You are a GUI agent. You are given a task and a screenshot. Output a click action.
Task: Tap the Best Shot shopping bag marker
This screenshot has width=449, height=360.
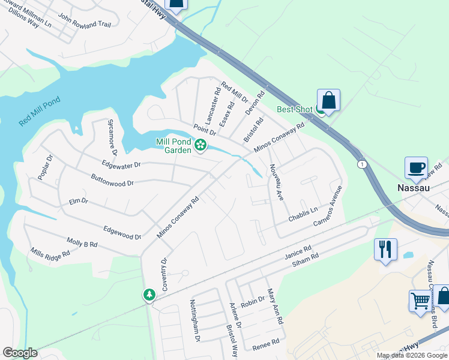point(328,100)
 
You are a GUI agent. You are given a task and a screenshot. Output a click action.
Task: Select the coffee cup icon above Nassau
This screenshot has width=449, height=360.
point(416,167)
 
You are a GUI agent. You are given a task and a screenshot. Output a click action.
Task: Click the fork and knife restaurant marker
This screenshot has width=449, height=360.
point(385,249)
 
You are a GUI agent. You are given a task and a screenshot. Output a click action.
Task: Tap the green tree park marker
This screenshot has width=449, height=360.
point(149,295)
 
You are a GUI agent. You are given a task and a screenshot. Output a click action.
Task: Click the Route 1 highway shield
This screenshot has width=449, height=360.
point(361,164)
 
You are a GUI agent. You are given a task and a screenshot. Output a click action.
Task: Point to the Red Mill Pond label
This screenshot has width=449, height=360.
point(41,111)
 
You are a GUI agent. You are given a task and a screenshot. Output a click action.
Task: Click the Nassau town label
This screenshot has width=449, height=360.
point(414,187)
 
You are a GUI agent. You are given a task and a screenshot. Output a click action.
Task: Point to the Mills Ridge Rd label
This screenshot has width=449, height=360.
point(50,253)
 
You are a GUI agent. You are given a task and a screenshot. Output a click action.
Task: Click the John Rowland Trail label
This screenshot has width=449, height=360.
point(85,24)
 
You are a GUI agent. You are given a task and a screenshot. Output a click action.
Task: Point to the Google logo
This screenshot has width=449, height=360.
point(20,353)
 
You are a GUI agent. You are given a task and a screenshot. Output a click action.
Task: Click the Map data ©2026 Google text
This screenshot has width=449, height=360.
point(411,355)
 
